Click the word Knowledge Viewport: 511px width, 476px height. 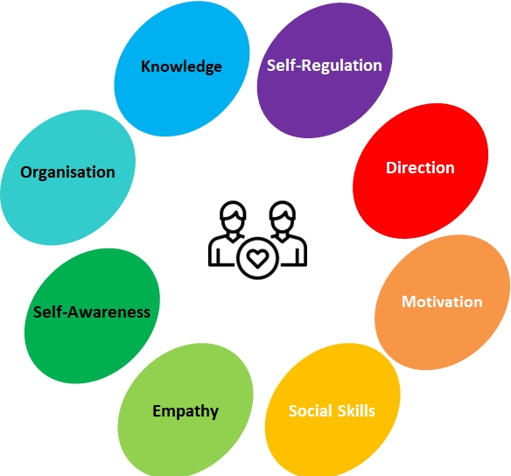[181, 66]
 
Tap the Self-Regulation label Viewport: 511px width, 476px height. [325, 66]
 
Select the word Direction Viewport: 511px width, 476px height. [420, 168]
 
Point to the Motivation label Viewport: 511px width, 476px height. [442, 302]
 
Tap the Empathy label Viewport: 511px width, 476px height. [185, 411]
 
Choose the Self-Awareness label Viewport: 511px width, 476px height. [92, 312]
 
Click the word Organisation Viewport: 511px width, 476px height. [67, 172]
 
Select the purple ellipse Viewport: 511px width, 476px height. [325, 70]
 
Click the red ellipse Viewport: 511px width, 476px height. [420, 171]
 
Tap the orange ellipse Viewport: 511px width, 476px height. [442, 303]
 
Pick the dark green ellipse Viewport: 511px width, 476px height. [92, 316]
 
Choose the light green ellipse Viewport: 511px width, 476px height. [185, 409]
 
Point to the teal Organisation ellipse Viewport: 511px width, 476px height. [67, 178]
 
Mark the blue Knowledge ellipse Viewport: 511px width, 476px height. [182, 68]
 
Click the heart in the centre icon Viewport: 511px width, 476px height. [257, 258]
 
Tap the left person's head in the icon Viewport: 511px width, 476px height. [233, 216]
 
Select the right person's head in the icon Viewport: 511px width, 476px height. [283, 216]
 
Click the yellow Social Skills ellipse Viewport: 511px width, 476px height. [332, 409]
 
